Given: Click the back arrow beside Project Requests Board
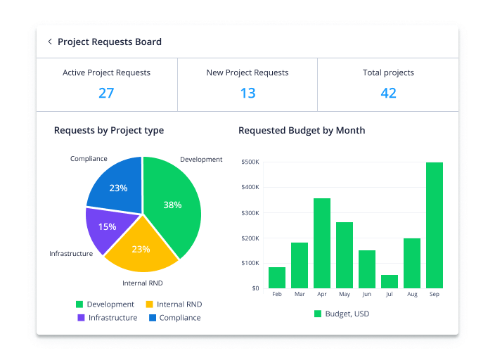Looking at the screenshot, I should coord(50,42).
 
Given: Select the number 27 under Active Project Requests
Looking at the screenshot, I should coord(106,93).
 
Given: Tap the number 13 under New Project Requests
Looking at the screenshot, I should coord(247,93).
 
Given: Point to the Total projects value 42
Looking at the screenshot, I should coord(388,93).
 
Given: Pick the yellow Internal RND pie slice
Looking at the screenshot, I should coord(141,248).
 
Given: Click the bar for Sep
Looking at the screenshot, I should coord(435,225).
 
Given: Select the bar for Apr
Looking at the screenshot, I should coord(322,243).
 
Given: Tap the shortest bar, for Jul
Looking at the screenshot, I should coord(390,281).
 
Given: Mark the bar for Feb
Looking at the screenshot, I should coord(277,277).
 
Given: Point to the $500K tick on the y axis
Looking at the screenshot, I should coord(250,162).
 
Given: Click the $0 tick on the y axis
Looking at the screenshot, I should coord(255,288).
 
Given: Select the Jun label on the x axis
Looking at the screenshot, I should coord(367,295).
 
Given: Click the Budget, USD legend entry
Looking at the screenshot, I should coord(341,314).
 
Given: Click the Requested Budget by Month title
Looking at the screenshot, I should coord(302,131).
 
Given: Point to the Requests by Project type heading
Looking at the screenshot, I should coord(109,131).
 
